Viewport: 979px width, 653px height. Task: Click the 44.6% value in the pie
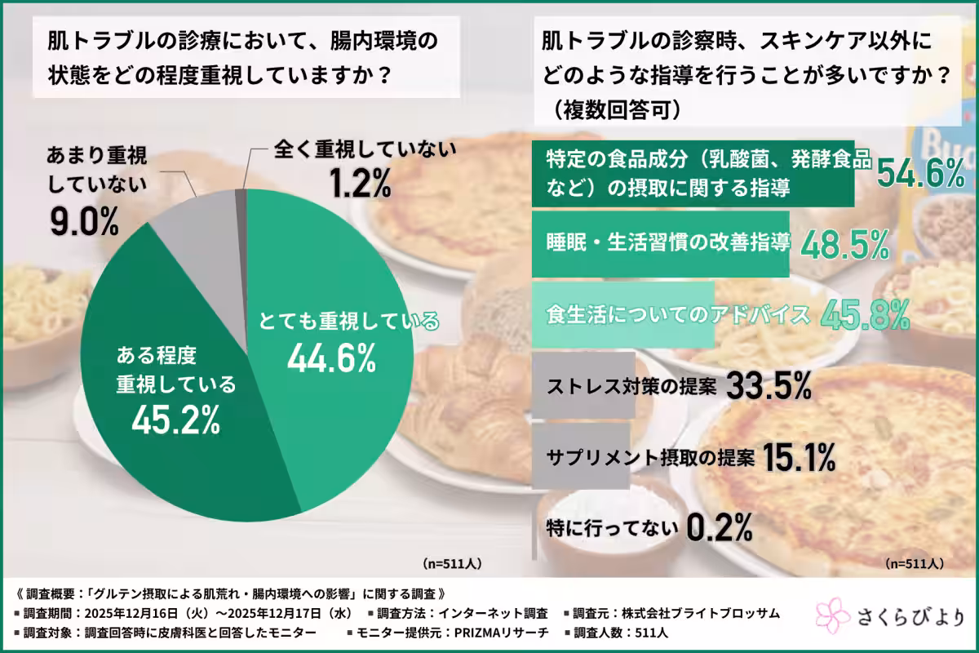pos(330,357)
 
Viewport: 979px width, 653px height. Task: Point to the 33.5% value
pos(768,386)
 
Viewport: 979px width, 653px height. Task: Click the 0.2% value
pos(718,528)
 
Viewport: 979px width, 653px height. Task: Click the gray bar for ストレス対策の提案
pos(583,386)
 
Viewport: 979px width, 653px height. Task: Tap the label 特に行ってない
pos(613,529)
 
